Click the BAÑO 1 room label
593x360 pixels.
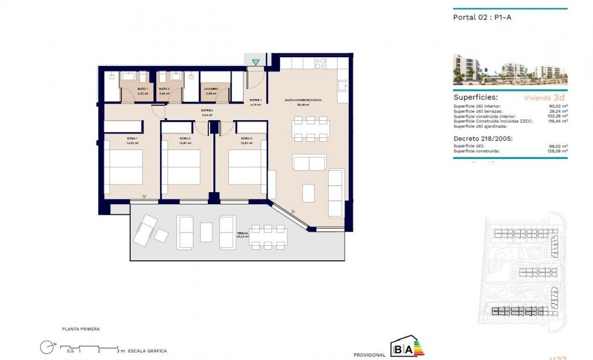pos(127,89)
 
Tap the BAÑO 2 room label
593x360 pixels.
pos(163,89)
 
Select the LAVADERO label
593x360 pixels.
pos(211,89)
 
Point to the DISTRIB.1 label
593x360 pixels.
pos(255,101)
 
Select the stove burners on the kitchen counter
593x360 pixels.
pos(320,63)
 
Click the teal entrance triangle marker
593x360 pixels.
pos(255,62)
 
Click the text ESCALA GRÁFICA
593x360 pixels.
pos(147,351)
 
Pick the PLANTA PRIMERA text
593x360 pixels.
pos(81,329)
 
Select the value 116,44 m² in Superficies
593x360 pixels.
pos(556,121)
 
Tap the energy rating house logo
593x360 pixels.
pos(407,348)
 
